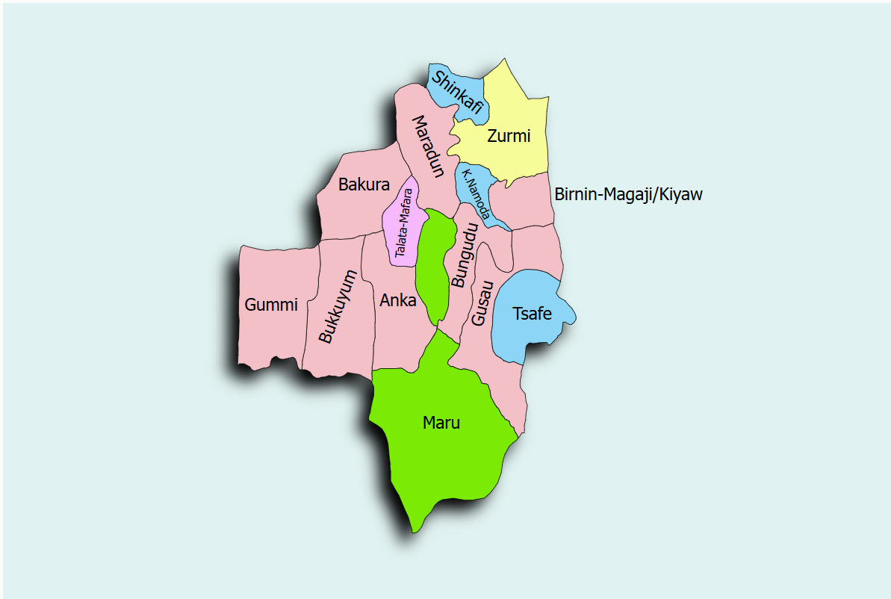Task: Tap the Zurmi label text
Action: click(x=508, y=136)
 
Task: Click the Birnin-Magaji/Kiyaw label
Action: click(x=628, y=195)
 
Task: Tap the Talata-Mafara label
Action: click(x=404, y=223)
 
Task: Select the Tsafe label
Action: click(x=532, y=313)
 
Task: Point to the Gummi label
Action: click(x=271, y=305)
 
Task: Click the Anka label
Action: click(x=398, y=300)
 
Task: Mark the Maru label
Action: click(x=441, y=423)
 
